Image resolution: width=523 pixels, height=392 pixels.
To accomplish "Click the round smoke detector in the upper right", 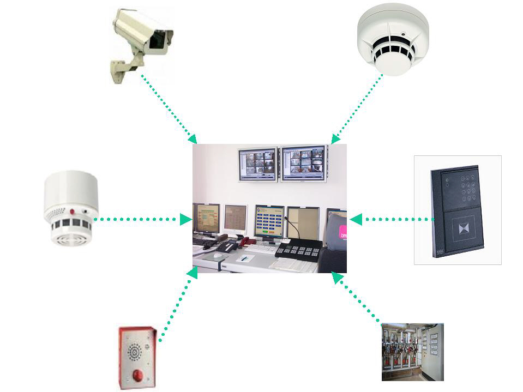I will [x=393, y=41].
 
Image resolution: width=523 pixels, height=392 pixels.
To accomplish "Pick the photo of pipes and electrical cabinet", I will [x=412, y=352].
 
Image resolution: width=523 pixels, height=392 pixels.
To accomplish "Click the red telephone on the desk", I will [x=248, y=240].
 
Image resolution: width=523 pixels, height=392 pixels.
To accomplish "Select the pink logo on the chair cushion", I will [x=342, y=233].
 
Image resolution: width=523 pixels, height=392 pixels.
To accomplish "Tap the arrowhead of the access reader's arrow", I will [x=356, y=219].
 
